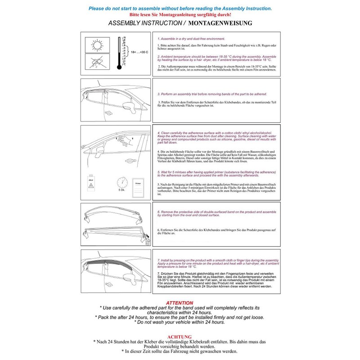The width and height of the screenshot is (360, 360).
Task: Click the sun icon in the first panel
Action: pyautogui.click(x=96, y=46)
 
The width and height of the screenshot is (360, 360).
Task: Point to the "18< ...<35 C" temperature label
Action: pyautogui.click(x=139, y=53)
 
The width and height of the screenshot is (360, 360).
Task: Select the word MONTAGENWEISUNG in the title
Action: pyautogui.click(x=220, y=22)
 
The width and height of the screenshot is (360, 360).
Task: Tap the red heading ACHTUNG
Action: pyautogui.click(x=180, y=336)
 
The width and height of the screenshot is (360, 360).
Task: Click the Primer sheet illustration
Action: pyautogui.click(x=139, y=184)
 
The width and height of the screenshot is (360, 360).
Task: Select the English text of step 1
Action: pyautogui.click(x=193, y=40)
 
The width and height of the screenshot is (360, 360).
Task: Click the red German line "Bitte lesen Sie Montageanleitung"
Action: pyautogui.click(x=180, y=15)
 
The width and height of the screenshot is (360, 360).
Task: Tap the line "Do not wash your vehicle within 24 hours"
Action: pyautogui.click(x=180, y=322)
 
